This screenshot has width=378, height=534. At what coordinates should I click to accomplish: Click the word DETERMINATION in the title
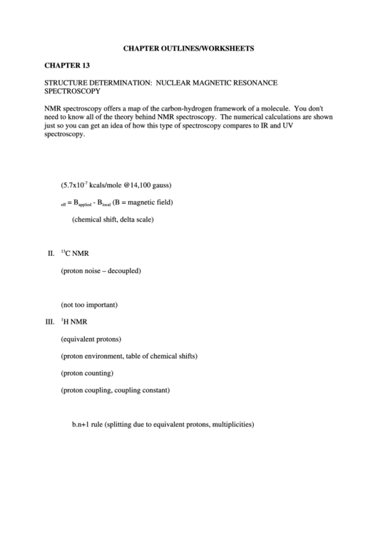(x=116, y=83)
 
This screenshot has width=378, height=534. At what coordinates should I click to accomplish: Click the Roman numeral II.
(x=51, y=253)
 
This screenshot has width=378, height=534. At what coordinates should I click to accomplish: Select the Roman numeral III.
(x=50, y=322)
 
